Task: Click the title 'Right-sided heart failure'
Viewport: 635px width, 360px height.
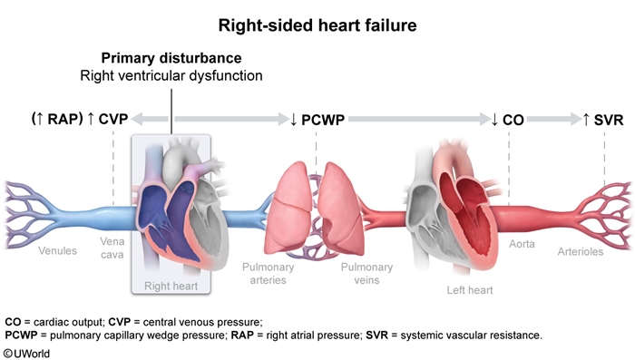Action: point(317,24)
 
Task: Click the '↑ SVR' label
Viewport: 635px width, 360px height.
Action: point(602,119)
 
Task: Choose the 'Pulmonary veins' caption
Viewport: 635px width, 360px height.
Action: point(366,273)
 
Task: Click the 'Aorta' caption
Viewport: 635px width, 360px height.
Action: point(523,245)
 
